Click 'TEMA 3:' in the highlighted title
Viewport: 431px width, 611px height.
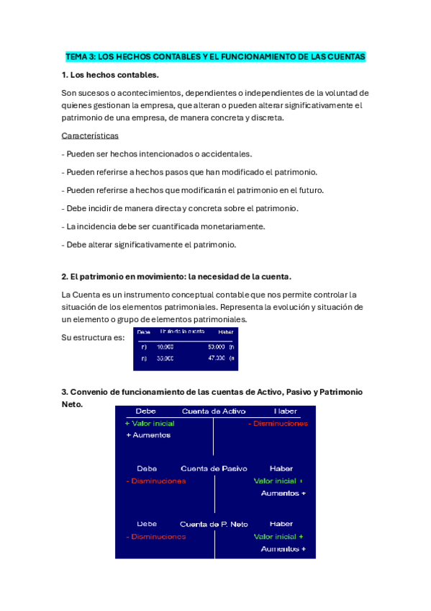79,56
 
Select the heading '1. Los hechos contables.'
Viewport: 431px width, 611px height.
110,75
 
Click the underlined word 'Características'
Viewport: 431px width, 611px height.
90,135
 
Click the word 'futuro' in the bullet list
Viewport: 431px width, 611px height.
309,190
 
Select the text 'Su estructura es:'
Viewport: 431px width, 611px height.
93,337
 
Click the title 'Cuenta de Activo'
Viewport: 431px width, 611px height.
214,411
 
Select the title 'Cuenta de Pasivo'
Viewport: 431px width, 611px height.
214,468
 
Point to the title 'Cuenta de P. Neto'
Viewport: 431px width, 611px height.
214,524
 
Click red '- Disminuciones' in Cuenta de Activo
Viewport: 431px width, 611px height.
278,424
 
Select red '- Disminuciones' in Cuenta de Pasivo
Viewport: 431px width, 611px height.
155,481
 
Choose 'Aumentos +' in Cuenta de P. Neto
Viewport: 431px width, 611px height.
283,549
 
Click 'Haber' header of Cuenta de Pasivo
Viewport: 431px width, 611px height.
281,468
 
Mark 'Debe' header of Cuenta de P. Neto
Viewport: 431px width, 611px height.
147,524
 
